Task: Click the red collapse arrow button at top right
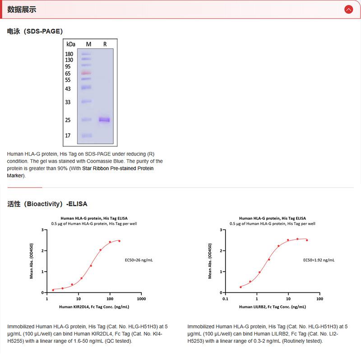click(348, 9)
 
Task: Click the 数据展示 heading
click(22, 9)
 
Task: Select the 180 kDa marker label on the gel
click(69, 54)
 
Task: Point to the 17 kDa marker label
click(68, 135)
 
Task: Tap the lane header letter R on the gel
click(105, 44)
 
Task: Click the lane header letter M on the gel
click(88, 44)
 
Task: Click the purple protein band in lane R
click(104, 120)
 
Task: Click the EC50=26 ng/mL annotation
click(139, 260)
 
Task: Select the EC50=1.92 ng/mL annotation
click(318, 260)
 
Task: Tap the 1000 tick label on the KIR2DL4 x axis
click(141, 299)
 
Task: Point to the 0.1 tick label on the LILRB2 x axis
click(225, 299)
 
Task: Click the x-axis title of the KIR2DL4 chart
click(94, 307)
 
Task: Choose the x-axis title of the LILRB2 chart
click(272, 307)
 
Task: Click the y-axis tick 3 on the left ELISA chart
click(42, 230)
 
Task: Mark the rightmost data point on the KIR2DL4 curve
click(119, 241)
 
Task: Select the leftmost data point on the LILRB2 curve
click(241, 287)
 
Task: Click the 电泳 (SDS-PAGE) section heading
click(35, 31)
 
